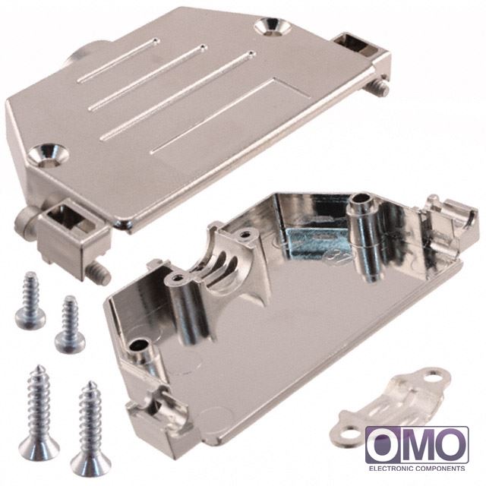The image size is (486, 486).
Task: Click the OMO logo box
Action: (x=417, y=445)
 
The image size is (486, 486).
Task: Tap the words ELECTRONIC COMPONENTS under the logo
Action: (x=417, y=469)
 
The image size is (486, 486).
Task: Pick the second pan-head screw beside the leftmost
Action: (x=69, y=324)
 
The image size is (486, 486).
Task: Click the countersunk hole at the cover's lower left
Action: (x=52, y=154)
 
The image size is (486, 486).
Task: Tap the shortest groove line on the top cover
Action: (x=118, y=61)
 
